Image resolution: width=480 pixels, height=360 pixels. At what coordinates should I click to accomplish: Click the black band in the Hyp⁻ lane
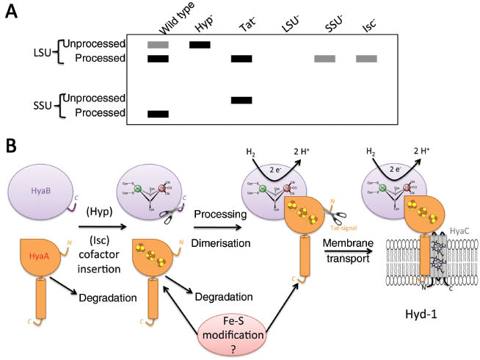(200, 45)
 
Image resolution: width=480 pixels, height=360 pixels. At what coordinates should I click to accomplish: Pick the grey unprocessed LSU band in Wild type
(158, 45)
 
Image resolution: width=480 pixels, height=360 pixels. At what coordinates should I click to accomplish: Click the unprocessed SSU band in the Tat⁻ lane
(241, 100)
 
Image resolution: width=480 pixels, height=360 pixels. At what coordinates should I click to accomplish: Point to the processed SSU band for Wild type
(158, 114)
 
